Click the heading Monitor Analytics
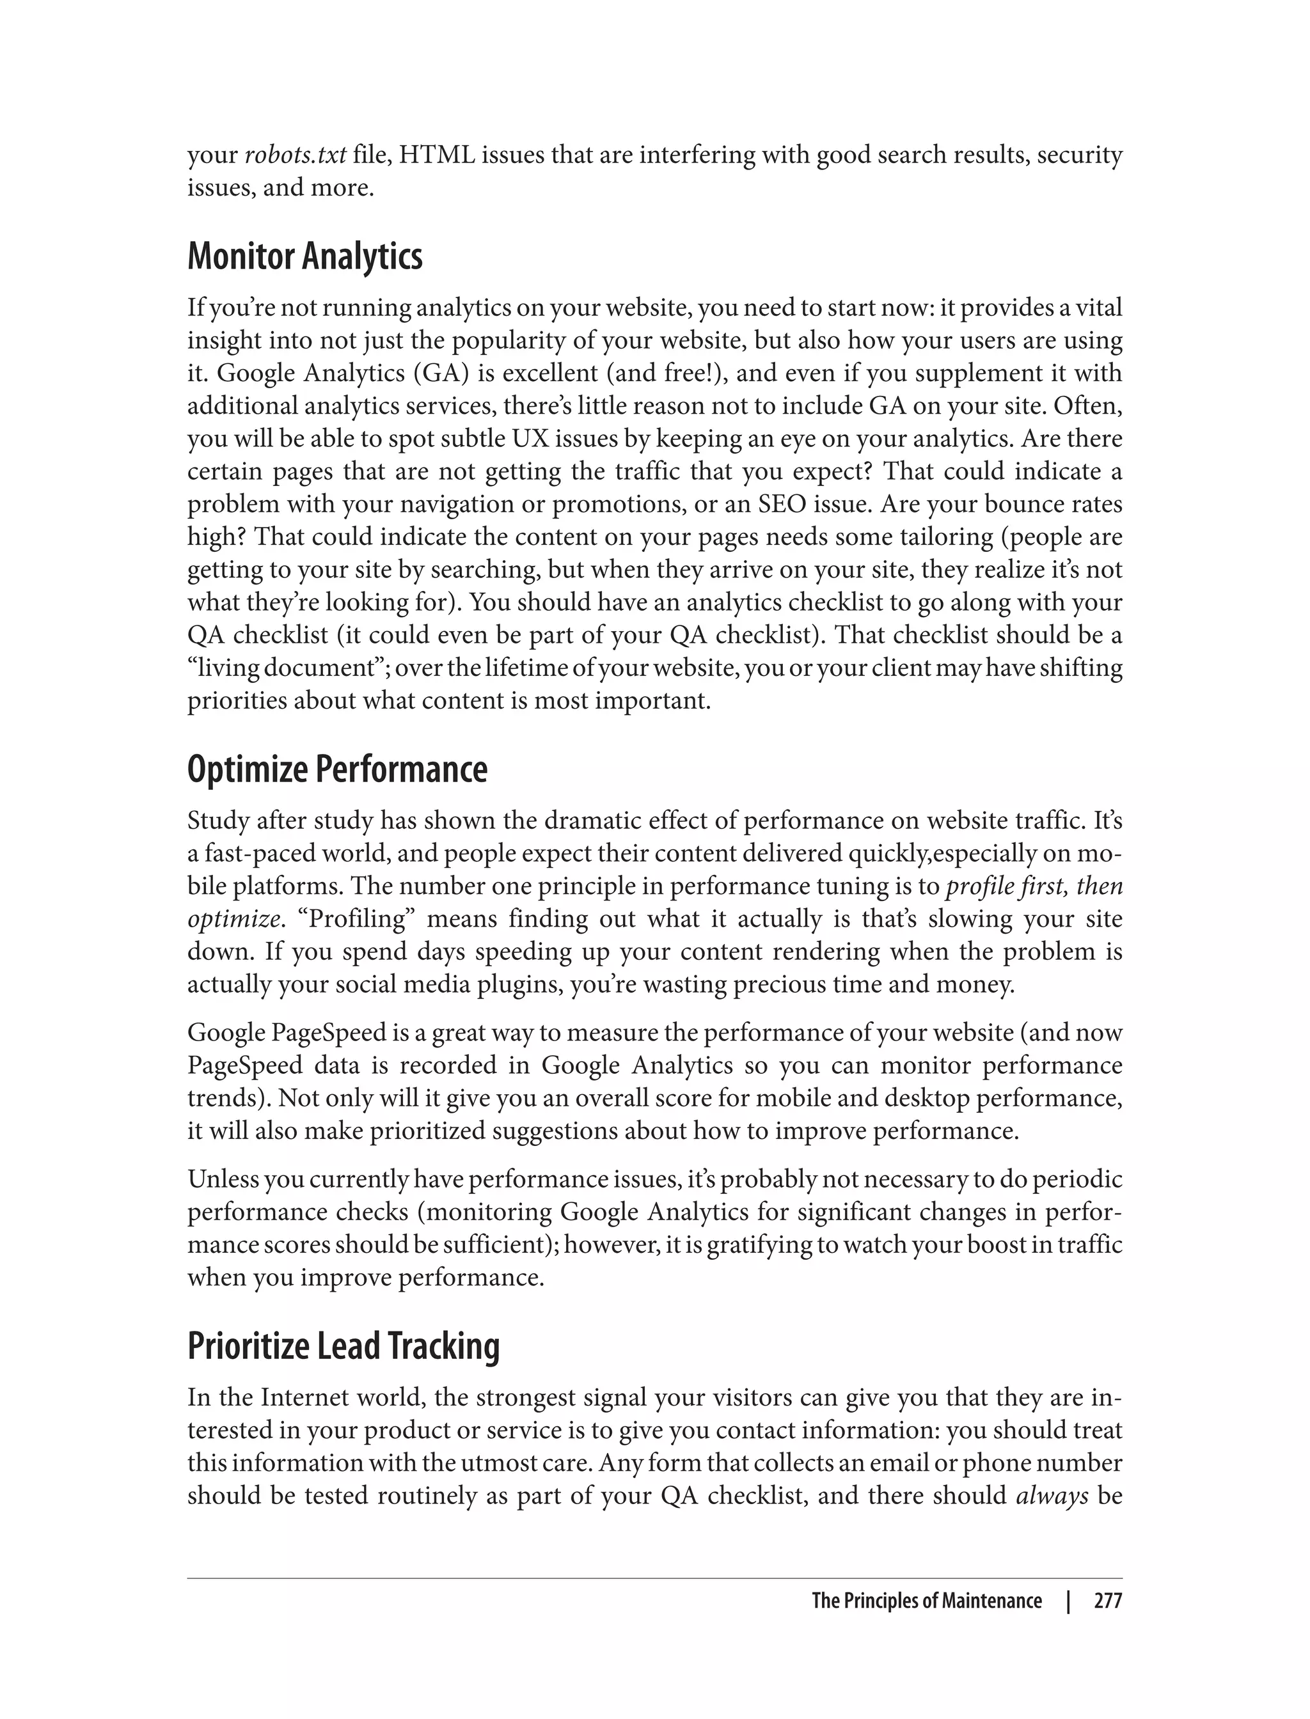point(305,256)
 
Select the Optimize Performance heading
point(337,769)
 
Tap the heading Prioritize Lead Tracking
point(343,1346)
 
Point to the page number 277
point(1107,1601)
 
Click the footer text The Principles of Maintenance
point(926,1601)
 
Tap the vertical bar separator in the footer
point(1068,1601)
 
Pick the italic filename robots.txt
point(296,155)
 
